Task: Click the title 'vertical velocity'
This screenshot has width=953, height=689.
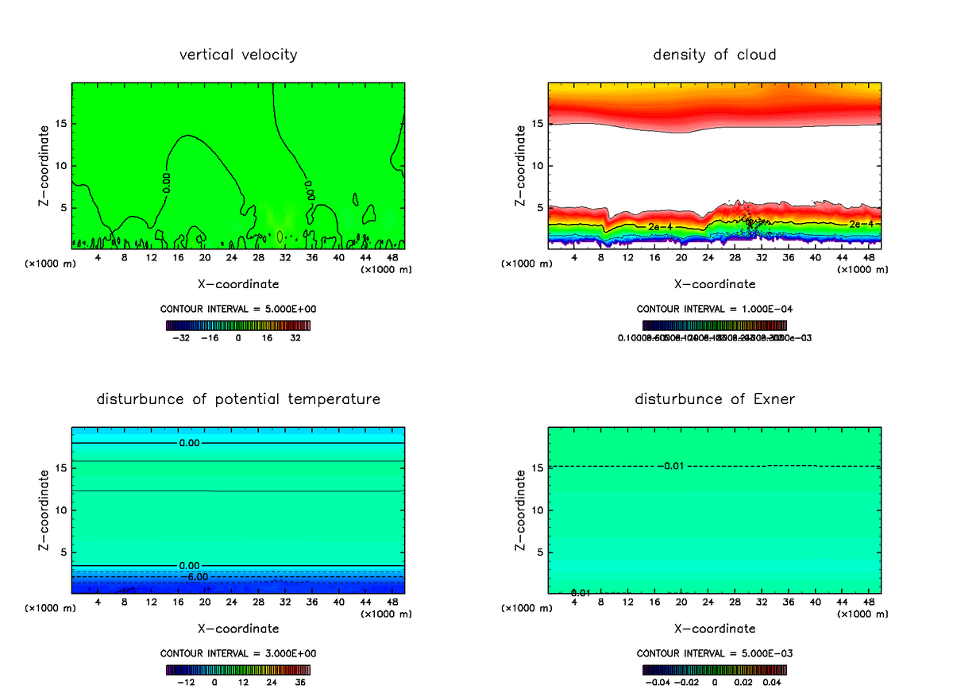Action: click(x=238, y=55)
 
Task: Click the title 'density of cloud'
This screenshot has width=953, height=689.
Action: click(x=715, y=55)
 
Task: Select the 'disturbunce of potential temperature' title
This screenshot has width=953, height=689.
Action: click(x=238, y=398)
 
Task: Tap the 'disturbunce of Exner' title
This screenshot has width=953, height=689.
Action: click(x=715, y=398)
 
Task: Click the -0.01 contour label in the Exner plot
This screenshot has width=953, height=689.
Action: click(x=671, y=466)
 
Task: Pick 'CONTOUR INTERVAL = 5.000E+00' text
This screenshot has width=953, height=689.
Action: click(x=238, y=310)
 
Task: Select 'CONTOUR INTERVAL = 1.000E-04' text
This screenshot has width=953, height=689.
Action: click(x=715, y=310)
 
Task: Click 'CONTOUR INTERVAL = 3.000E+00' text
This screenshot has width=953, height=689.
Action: click(x=238, y=654)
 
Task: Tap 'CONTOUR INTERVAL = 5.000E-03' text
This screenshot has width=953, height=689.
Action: click(x=715, y=654)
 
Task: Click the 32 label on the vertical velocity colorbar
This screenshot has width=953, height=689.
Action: click(x=295, y=338)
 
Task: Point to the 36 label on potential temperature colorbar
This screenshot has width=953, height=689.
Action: click(x=299, y=682)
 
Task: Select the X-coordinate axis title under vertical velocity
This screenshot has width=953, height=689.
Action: click(x=238, y=283)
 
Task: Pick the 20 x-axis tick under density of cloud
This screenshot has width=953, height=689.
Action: click(x=681, y=258)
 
